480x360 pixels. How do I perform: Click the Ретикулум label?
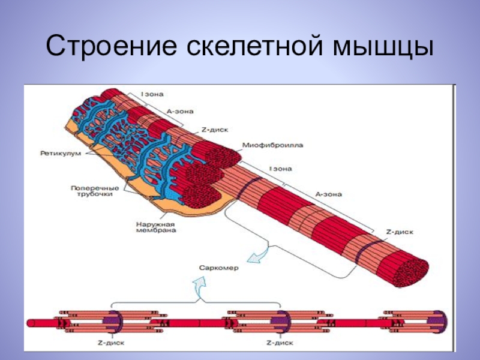click(58, 153)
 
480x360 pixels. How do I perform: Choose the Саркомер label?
click(220, 268)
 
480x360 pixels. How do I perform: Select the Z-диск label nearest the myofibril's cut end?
click(400, 231)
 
